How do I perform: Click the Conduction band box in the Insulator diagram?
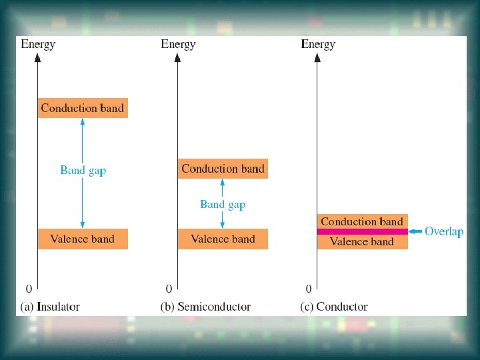pyautogui.click(x=83, y=107)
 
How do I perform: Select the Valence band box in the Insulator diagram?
pyautogui.click(x=83, y=239)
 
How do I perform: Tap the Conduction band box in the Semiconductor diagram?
pyautogui.click(x=223, y=168)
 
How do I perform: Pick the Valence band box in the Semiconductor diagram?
pyautogui.click(x=223, y=239)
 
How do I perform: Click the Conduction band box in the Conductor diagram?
pyautogui.click(x=361, y=221)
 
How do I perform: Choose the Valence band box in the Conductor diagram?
pyautogui.click(x=361, y=242)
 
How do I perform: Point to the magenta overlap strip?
pyautogui.click(x=361, y=231)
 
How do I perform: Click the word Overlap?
pyautogui.click(x=444, y=231)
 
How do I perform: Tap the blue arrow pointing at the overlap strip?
pyautogui.click(x=415, y=231)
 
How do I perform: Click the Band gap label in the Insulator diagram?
pyautogui.click(x=83, y=170)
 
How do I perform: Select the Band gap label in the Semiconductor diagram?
pyautogui.click(x=223, y=204)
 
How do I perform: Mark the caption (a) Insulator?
pyautogui.click(x=51, y=307)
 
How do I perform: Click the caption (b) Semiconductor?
pyautogui.click(x=205, y=307)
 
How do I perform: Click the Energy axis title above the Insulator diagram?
pyautogui.click(x=39, y=44)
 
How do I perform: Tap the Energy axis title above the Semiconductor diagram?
pyautogui.click(x=178, y=44)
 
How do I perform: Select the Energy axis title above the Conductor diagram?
pyautogui.click(x=318, y=44)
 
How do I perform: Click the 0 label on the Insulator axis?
pyautogui.click(x=29, y=289)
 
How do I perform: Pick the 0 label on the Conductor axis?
pyautogui.click(x=308, y=289)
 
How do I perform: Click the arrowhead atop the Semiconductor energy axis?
pyautogui.click(x=177, y=57)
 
